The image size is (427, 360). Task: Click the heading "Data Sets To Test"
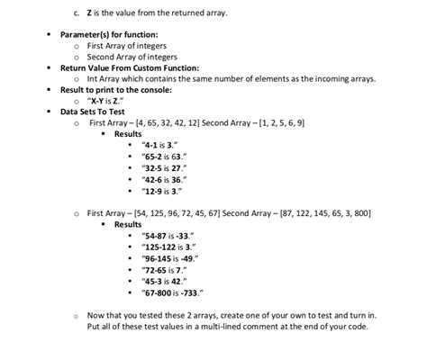tap(95, 112)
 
